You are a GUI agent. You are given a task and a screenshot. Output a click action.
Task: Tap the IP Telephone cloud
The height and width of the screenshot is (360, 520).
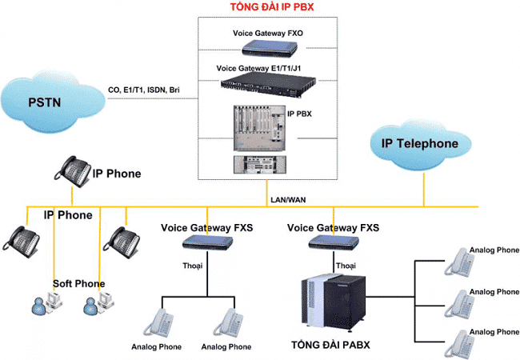tap(419, 144)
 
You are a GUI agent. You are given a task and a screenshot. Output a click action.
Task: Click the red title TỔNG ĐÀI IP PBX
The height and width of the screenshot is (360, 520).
tap(261, 7)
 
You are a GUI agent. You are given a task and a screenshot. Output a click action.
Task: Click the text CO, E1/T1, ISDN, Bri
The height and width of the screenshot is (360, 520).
tap(150, 89)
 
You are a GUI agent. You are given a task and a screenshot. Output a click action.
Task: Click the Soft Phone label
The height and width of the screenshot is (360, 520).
tap(78, 284)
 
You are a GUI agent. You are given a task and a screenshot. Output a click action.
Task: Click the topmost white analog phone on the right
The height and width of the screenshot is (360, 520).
tap(460, 261)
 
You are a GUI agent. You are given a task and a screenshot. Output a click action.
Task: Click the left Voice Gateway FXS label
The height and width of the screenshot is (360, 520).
tap(206, 228)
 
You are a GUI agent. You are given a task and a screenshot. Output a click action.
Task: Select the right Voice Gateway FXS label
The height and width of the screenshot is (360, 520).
tap(333, 228)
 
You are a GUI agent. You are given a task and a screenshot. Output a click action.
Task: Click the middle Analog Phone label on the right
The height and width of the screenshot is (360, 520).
tap(494, 291)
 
